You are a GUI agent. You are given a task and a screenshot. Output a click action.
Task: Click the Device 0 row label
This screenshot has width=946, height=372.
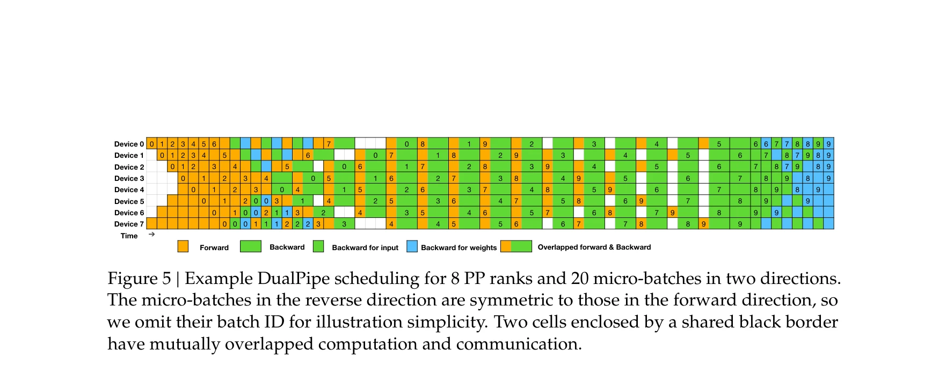point(129,144)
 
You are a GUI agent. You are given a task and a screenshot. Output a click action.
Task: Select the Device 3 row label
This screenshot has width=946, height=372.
point(129,178)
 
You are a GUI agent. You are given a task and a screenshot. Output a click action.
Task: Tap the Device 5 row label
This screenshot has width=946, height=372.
point(129,201)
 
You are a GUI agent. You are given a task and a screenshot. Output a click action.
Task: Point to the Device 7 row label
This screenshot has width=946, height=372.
point(129,224)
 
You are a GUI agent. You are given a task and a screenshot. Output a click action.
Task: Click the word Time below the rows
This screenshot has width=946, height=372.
point(129,236)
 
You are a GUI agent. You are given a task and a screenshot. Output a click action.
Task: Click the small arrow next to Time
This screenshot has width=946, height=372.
point(151,234)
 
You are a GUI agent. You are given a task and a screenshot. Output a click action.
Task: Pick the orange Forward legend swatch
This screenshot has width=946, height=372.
point(183,246)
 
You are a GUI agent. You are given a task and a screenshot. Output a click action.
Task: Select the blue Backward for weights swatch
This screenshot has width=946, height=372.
point(412,246)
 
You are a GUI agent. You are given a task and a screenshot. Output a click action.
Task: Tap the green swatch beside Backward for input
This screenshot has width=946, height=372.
point(318,246)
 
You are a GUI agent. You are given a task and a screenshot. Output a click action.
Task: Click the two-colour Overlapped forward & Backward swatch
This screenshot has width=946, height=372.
point(516,246)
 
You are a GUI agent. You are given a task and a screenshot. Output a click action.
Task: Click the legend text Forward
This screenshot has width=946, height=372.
point(214,247)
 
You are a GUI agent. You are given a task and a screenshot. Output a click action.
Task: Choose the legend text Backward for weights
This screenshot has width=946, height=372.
point(459,247)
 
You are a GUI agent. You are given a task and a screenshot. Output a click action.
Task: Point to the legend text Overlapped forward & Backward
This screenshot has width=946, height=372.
point(594,247)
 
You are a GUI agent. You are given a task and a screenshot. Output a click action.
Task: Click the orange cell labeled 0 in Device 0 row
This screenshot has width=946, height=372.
point(151,144)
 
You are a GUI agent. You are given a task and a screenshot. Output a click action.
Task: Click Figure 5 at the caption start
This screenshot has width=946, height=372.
point(140,279)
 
